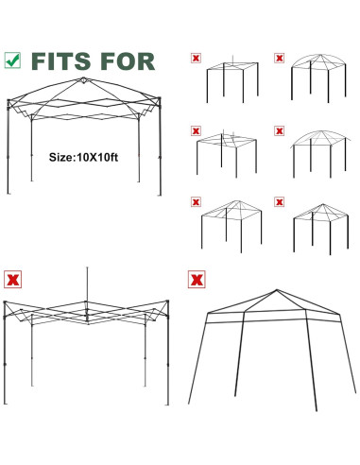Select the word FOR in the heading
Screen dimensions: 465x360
click(x=128, y=61)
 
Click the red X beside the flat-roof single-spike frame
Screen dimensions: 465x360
click(x=196, y=59)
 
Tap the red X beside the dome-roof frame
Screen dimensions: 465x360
click(x=279, y=59)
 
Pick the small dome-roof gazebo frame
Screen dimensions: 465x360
click(x=313, y=79)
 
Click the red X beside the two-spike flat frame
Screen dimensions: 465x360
click(x=196, y=130)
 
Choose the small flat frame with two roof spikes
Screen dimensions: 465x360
click(x=227, y=151)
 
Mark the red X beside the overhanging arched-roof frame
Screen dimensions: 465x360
click(x=279, y=130)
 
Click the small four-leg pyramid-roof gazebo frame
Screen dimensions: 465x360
click(x=228, y=223)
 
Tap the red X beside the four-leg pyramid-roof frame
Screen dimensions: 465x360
click(x=196, y=202)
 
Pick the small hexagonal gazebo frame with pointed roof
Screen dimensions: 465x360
click(x=313, y=223)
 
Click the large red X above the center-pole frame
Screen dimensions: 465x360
click(x=13, y=279)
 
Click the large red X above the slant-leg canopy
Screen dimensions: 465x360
click(x=196, y=279)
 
